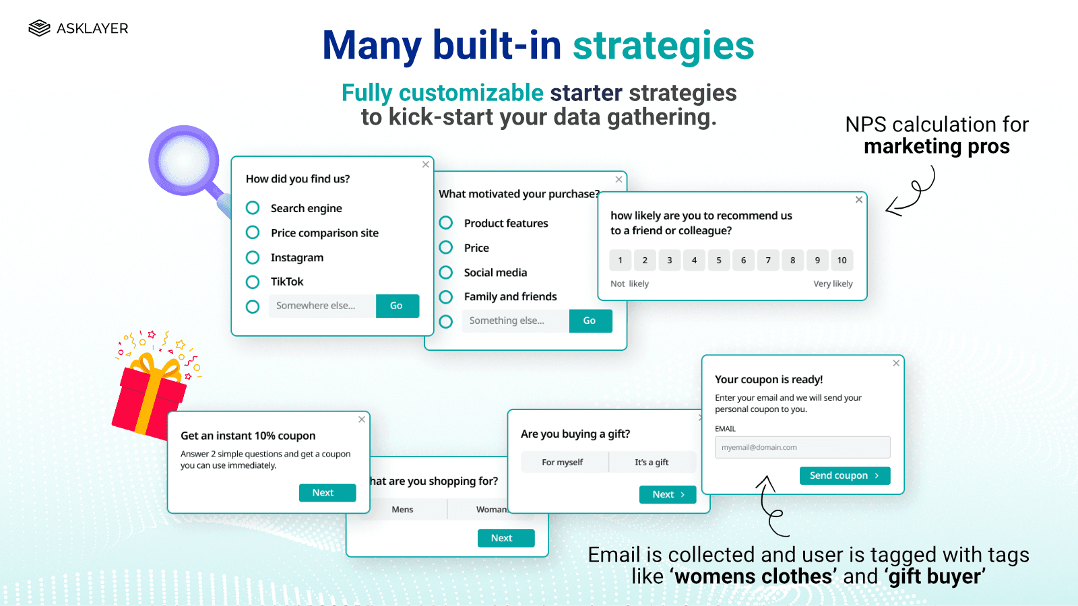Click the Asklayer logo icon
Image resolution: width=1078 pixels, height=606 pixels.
(40, 28)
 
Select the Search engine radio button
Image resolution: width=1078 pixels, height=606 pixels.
(253, 208)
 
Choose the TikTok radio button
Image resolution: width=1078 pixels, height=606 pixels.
(253, 282)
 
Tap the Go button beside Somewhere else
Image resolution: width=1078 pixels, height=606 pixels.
(397, 306)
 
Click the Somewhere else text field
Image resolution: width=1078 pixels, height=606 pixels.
(322, 306)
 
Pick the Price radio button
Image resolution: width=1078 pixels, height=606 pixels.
(446, 248)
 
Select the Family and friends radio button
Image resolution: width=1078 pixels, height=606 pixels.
(446, 297)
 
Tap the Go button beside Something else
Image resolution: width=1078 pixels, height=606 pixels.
(590, 321)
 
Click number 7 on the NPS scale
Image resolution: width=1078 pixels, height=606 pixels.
(768, 261)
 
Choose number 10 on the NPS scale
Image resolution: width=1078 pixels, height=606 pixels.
(842, 261)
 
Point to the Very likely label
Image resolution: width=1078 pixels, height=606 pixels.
(833, 284)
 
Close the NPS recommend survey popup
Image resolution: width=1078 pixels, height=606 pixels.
(859, 200)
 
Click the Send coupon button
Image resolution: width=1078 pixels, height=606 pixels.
(845, 475)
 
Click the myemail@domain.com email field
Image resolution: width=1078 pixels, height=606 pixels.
(802, 447)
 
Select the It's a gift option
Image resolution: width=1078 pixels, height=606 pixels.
(652, 463)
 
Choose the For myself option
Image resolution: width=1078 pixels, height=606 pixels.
(563, 463)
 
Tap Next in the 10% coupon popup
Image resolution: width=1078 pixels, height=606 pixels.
(327, 493)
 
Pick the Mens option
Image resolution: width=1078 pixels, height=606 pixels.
(402, 510)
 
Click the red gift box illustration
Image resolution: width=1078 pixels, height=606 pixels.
(149, 397)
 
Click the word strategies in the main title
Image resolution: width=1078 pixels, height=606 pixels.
(663, 46)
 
